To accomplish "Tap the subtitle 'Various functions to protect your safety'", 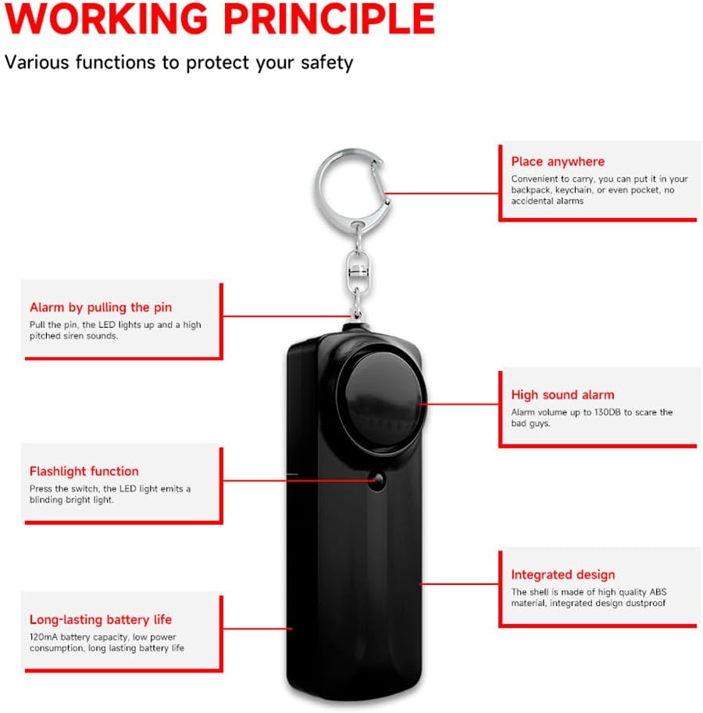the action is click(x=179, y=62).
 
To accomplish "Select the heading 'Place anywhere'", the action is click(x=558, y=162).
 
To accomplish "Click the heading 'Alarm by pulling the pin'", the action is click(x=101, y=307).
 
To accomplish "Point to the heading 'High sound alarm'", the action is click(x=562, y=395).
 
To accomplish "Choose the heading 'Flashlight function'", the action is click(x=84, y=471).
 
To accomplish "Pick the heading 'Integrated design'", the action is click(x=562, y=575).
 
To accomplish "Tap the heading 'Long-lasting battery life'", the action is click(x=101, y=619).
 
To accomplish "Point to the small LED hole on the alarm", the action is click(x=377, y=481).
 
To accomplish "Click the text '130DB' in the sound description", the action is click(x=609, y=412).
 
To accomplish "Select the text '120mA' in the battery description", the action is click(x=43, y=637).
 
